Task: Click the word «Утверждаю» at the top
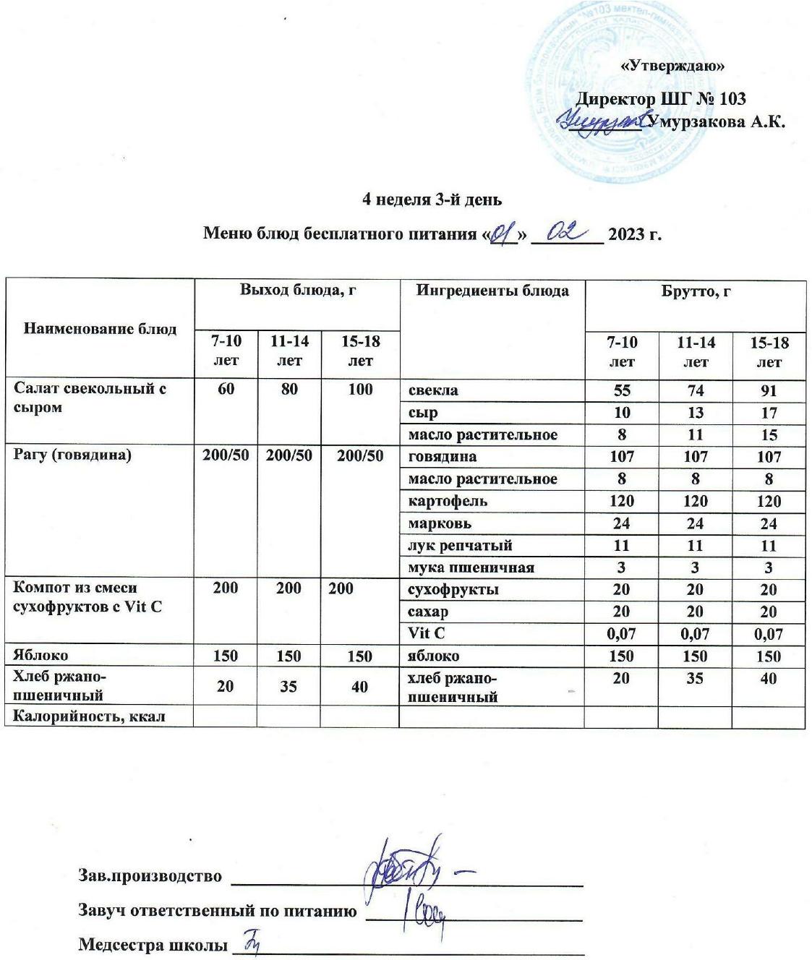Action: pyautogui.click(x=673, y=66)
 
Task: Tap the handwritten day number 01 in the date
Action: pyautogui.click(x=502, y=234)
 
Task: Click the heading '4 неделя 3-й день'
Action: pyautogui.click(x=432, y=200)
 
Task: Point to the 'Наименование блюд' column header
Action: pyautogui.click(x=101, y=329)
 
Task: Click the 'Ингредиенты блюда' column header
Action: pyautogui.click(x=492, y=291)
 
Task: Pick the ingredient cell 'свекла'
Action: pyautogui.click(x=433, y=390)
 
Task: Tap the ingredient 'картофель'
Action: pyautogui.click(x=448, y=501)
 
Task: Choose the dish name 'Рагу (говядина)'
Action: pyautogui.click(x=72, y=456)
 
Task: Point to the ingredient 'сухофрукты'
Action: pyautogui.click(x=453, y=589)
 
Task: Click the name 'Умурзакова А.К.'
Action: pyautogui.click(x=717, y=121)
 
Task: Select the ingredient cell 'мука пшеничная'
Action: pyautogui.click(x=471, y=567)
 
